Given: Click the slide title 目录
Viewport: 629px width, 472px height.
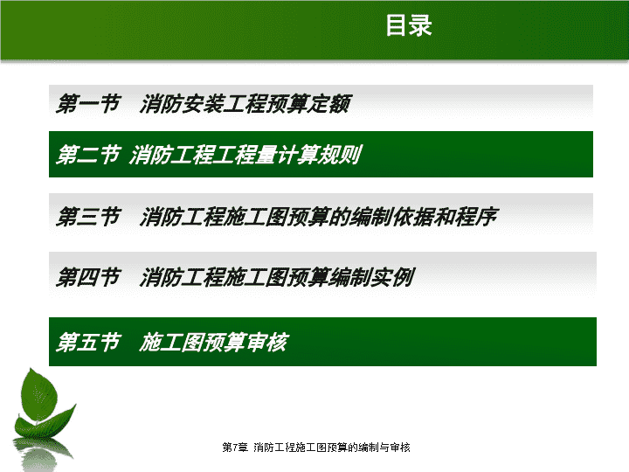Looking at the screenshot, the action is click(x=409, y=25).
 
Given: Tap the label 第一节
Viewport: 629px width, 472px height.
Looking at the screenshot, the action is click(x=88, y=103).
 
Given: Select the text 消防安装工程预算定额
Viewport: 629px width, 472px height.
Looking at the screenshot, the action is click(x=245, y=103).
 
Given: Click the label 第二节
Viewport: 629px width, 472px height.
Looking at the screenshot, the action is click(x=88, y=155).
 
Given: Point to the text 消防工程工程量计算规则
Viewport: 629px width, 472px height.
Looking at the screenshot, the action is click(x=245, y=155).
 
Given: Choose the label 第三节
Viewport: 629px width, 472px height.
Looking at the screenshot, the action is click(x=88, y=217).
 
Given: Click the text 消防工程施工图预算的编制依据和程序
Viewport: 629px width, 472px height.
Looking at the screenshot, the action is click(x=319, y=217).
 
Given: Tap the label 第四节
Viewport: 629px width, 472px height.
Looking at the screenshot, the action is click(x=88, y=277).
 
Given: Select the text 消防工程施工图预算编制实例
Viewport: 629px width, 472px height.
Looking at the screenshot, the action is click(x=277, y=277).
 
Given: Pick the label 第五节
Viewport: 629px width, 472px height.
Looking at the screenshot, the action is click(x=88, y=342).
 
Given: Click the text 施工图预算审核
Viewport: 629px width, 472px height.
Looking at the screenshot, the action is click(x=214, y=342).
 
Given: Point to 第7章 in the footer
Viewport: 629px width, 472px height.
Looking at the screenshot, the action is click(x=235, y=448).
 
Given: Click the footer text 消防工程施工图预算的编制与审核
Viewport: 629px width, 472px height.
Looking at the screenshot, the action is click(x=332, y=448).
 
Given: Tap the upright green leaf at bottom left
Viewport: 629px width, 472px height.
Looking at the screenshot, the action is click(x=39, y=395).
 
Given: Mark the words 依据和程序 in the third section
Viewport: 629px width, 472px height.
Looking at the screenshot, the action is click(x=446, y=217).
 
